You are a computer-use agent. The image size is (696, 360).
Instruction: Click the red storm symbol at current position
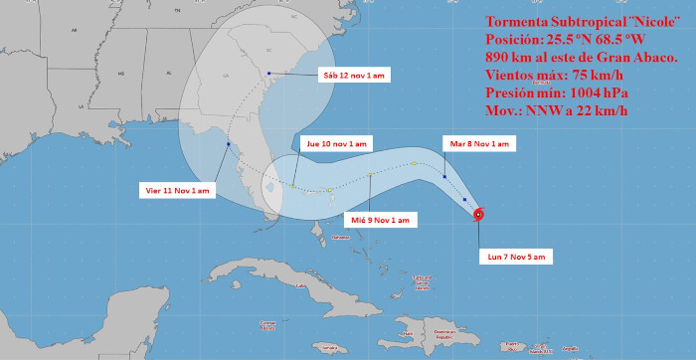pos(478,214)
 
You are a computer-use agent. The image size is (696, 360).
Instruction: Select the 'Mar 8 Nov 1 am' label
pos(479,144)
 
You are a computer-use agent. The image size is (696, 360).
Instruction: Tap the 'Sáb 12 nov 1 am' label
pos(353,76)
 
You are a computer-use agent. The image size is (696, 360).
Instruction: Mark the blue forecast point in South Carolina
pos(269,73)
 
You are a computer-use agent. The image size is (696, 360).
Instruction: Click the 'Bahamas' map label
pos(342,238)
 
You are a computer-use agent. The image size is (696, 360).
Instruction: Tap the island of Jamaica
pos(327,347)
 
